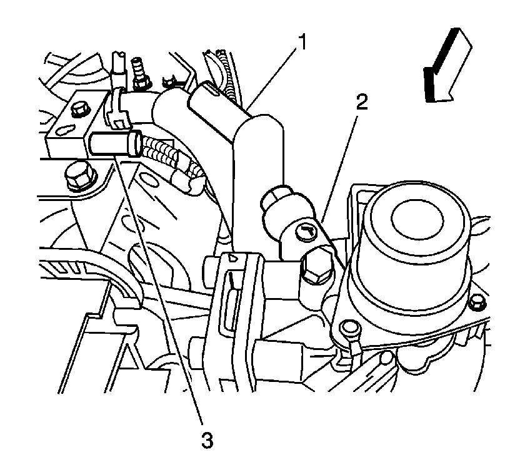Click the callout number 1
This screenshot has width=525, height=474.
tap(302, 42)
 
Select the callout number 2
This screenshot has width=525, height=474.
tap(362, 101)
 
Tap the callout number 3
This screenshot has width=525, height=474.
tap(207, 440)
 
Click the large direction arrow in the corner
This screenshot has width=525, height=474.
tap(447, 64)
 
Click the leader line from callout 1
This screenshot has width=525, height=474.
tap(272, 78)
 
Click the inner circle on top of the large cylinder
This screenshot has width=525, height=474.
tap(417, 220)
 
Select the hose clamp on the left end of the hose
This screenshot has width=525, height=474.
tap(116, 106)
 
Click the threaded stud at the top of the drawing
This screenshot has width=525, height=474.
tap(138, 73)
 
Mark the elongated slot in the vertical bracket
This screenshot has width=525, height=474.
tap(230, 303)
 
